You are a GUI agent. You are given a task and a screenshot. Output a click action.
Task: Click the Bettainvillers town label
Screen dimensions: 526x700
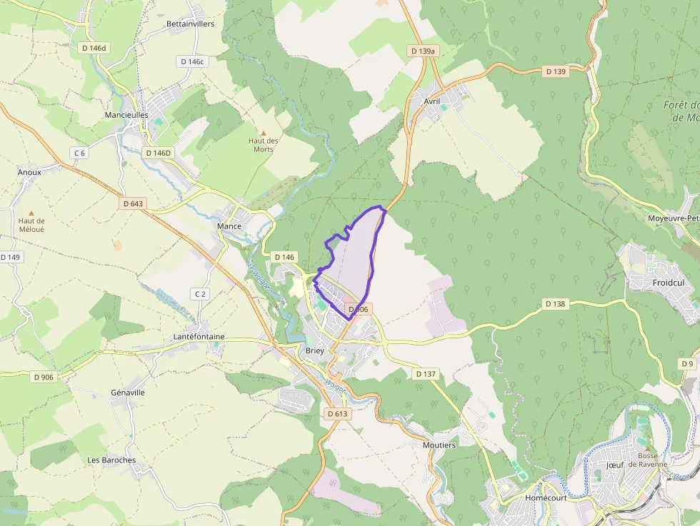pyautogui.click(x=190, y=24)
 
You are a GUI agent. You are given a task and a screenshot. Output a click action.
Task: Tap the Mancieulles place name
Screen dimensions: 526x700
pyautogui.click(x=126, y=114)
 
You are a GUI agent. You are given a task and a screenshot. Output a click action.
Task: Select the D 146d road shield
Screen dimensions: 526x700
pyautogui.click(x=93, y=47)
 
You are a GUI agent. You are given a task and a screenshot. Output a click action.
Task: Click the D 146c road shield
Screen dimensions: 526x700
pyautogui.click(x=192, y=61)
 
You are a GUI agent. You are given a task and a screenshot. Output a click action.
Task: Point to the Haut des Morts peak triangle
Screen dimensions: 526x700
pyautogui.click(x=263, y=133)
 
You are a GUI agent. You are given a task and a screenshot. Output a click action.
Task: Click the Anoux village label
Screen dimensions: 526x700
pyautogui.click(x=29, y=172)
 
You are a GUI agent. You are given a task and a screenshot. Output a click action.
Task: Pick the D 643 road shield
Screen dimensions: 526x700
pyautogui.click(x=133, y=203)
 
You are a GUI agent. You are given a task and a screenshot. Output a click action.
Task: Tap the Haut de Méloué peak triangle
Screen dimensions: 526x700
pyautogui.click(x=31, y=213)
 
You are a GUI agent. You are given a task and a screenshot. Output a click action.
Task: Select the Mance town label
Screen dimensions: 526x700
pyautogui.click(x=229, y=226)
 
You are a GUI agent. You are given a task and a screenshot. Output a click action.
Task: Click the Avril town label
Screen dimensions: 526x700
pyautogui.click(x=431, y=101)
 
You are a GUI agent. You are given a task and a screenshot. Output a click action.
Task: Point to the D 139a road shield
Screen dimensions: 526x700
pyautogui.click(x=424, y=51)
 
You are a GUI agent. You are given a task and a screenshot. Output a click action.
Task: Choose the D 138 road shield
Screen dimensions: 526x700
pyautogui.click(x=555, y=303)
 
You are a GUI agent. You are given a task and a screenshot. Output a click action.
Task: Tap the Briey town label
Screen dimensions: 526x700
pyautogui.click(x=315, y=350)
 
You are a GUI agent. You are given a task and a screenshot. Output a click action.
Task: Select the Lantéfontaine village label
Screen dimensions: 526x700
pyautogui.click(x=199, y=336)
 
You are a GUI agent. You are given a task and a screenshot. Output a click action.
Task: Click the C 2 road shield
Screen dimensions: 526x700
pyautogui.click(x=200, y=294)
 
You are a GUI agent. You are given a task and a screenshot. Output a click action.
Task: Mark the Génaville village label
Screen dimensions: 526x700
pyautogui.click(x=128, y=393)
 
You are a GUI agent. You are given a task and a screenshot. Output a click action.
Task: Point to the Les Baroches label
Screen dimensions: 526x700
pyautogui.click(x=111, y=460)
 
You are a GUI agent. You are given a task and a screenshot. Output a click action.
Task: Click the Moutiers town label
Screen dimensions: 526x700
pyautogui.click(x=439, y=445)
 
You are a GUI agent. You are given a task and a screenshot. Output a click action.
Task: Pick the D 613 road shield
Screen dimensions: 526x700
pyautogui.click(x=336, y=413)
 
